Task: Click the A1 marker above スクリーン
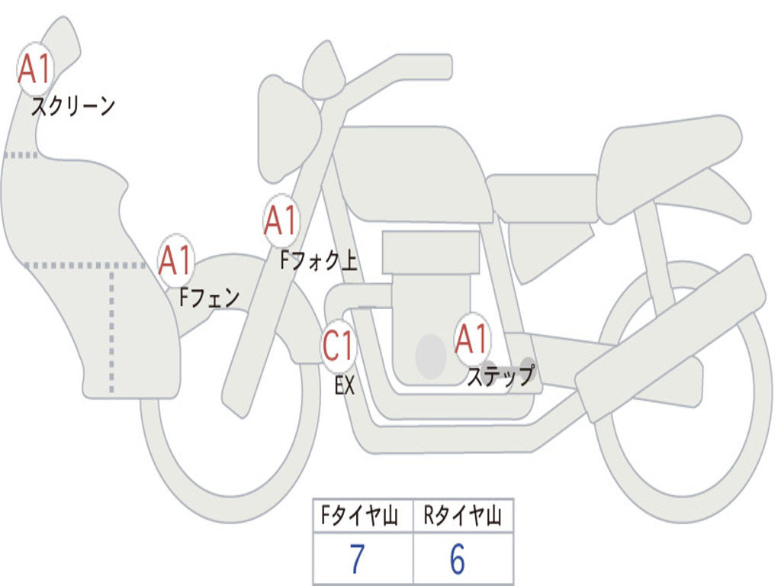34,69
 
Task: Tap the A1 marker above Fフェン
176,260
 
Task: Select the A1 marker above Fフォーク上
281,221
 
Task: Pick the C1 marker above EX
338,346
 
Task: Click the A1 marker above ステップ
472,339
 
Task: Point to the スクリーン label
72,106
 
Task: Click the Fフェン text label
209,297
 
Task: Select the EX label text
345,385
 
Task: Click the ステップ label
500,376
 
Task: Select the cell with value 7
357,560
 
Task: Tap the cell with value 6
458,560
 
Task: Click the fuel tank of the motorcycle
412,172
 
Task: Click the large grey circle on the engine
430,356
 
